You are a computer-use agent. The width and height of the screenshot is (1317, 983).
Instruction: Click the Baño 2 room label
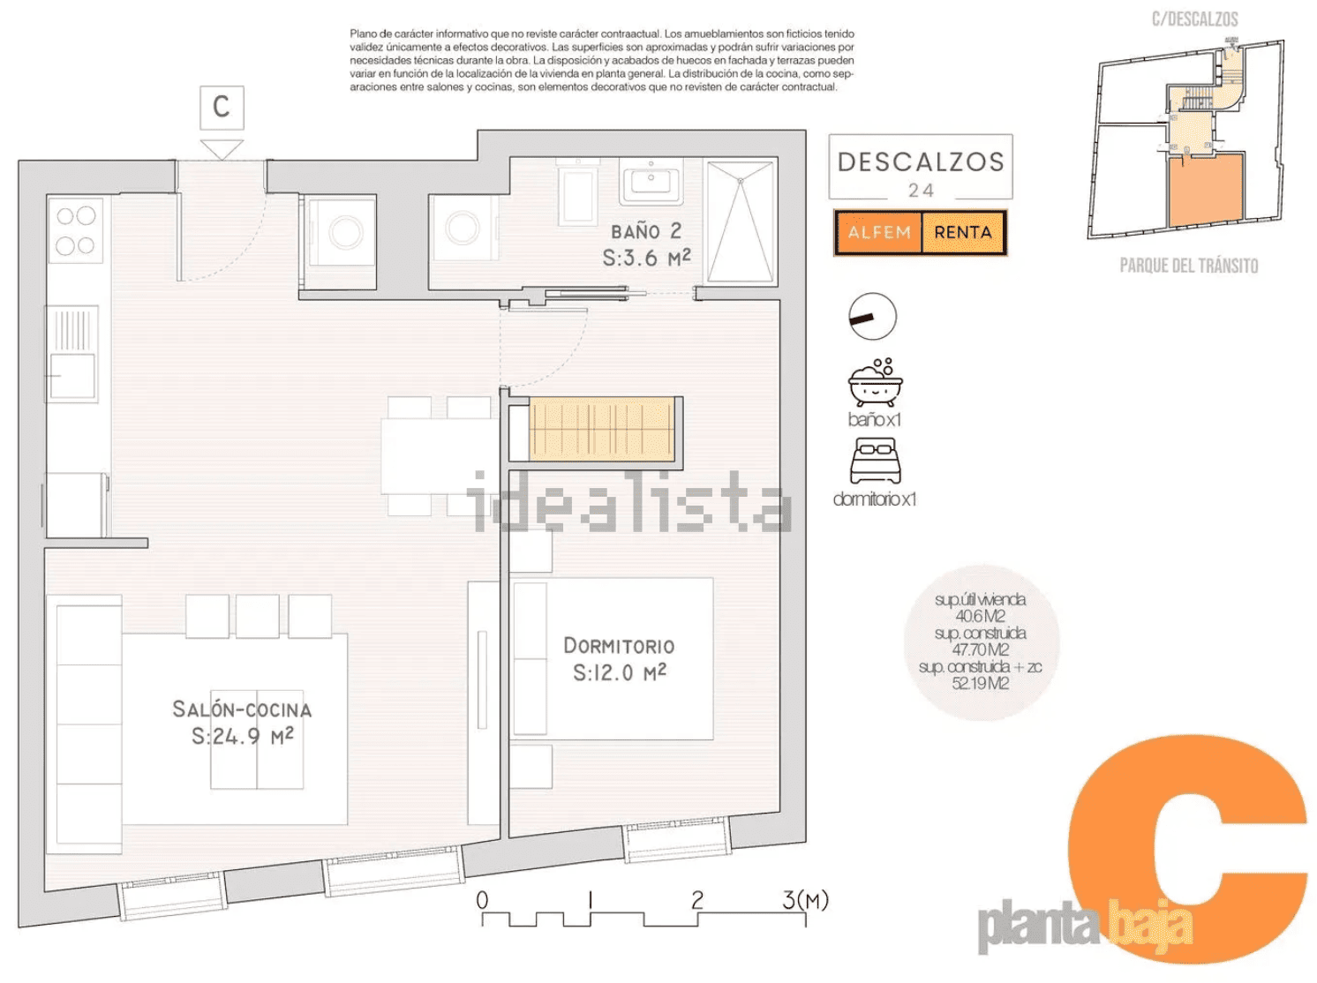click(646, 231)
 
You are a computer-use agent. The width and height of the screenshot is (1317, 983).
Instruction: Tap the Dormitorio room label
click(619, 646)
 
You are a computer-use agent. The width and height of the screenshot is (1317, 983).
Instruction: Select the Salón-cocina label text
click(242, 709)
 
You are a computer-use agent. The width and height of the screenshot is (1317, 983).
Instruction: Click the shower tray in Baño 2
click(741, 221)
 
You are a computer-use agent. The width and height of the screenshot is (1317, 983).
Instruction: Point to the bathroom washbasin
click(651, 180)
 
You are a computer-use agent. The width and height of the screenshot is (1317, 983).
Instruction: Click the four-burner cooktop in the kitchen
click(76, 231)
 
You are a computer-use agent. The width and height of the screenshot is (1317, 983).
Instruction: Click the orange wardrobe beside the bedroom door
click(600, 428)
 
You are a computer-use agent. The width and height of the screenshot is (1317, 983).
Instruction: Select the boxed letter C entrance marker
click(222, 108)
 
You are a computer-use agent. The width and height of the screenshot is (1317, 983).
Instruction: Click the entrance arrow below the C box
click(222, 149)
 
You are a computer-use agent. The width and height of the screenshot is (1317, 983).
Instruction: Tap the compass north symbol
click(872, 317)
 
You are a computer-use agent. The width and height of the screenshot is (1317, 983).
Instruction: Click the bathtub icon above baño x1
click(875, 383)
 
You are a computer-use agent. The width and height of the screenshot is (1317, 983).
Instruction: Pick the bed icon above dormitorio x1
click(875, 461)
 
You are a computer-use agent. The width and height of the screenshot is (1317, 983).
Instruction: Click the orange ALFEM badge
click(878, 232)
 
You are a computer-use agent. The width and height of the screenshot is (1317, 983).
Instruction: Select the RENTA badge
click(963, 232)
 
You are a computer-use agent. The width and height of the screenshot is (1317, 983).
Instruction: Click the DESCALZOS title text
click(921, 162)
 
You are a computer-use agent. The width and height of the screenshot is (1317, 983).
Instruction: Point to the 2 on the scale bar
click(697, 900)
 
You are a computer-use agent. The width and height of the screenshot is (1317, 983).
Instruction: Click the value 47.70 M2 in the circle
click(981, 649)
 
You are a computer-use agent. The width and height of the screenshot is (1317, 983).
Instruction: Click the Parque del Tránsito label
click(1189, 265)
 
